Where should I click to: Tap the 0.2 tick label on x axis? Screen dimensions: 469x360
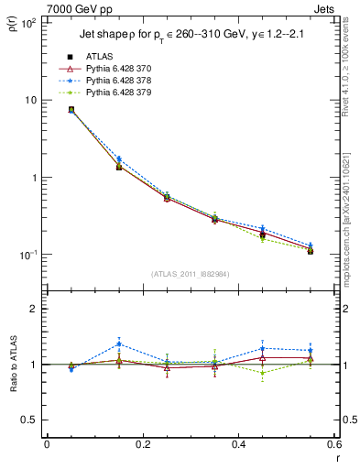(142, 445)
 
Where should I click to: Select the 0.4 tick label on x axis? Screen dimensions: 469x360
(238, 445)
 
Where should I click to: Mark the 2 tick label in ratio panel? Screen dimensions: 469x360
(33, 309)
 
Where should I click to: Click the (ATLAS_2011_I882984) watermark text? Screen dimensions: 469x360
(190, 274)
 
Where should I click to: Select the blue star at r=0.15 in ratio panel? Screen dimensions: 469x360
(119, 344)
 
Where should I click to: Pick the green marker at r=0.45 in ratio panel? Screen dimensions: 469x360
(262, 373)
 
